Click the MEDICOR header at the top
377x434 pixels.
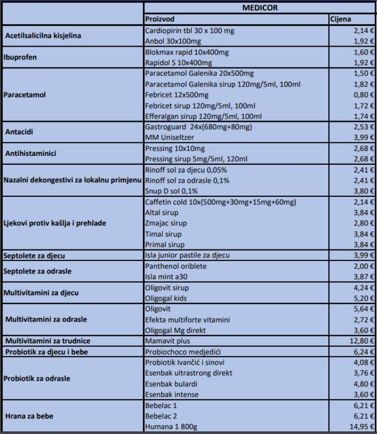coord(260,8)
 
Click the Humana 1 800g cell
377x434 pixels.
coord(172,426)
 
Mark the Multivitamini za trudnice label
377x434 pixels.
coord(48,341)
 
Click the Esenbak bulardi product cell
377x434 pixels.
coord(175,384)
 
